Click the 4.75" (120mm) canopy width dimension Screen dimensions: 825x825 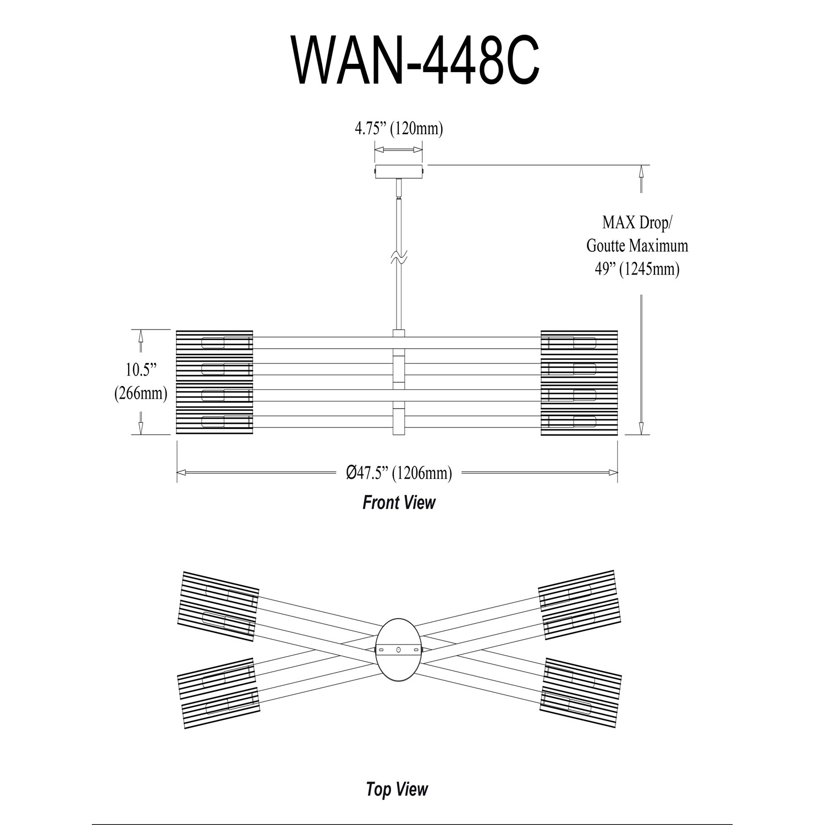pyautogui.click(x=399, y=129)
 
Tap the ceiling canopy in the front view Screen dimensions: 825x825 pyautogui.click(x=399, y=171)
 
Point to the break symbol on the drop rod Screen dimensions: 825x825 pyautogui.click(x=399, y=256)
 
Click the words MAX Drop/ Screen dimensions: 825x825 pyautogui.click(x=637, y=223)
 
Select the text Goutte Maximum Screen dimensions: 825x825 pyautogui.click(x=637, y=245)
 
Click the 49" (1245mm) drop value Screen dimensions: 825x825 pyautogui.click(x=637, y=269)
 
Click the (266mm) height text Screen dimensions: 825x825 pyautogui.click(x=140, y=393)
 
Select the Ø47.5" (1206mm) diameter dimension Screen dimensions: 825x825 pyautogui.click(x=399, y=472)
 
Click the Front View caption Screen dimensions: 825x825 pyautogui.click(x=399, y=502)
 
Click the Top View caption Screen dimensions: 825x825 pyautogui.click(x=397, y=789)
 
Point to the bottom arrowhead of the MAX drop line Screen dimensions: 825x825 pyautogui.click(x=641, y=428)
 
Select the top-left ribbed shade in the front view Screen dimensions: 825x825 pyautogui.click(x=214, y=343)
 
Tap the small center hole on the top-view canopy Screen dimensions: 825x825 pyautogui.click(x=399, y=650)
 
